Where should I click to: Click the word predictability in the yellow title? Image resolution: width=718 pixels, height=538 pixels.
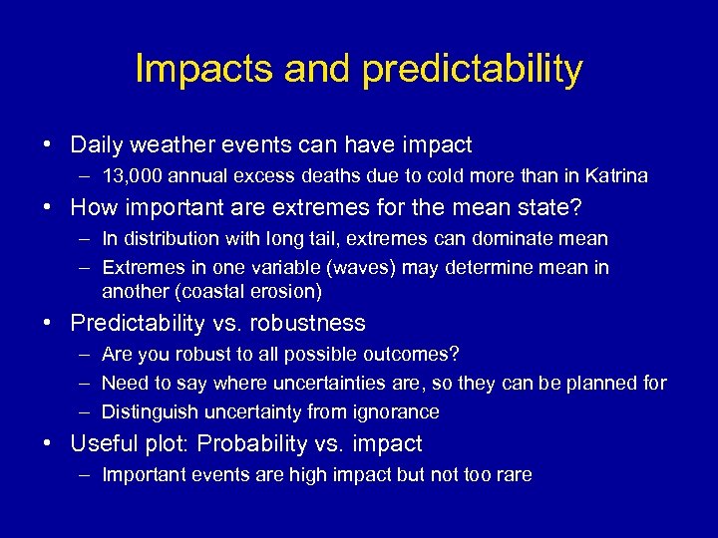473,70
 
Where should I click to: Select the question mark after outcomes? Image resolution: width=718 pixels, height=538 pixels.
455,355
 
